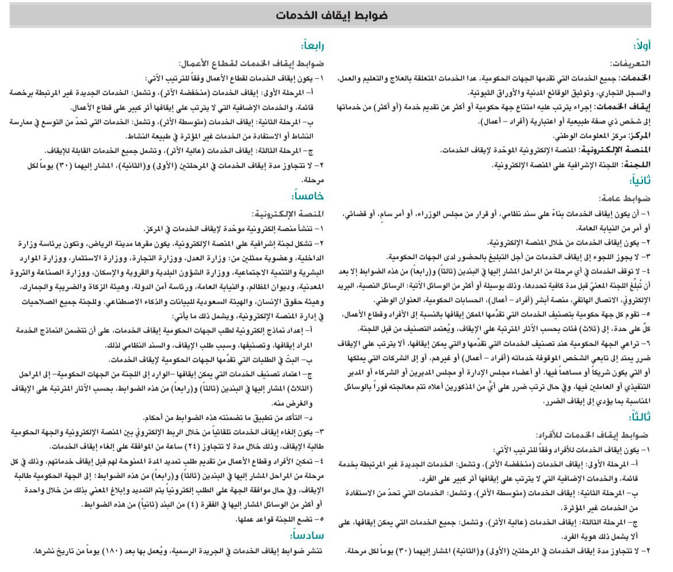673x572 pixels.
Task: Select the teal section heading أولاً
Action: pyautogui.click(x=642, y=46)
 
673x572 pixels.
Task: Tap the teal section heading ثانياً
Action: pyautogui.click(x=640, y=180)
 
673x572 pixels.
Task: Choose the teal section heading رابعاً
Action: pyautogui.click(x=311, y=46)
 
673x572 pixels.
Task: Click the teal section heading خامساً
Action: pyautogui.click(x=308, y=196)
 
